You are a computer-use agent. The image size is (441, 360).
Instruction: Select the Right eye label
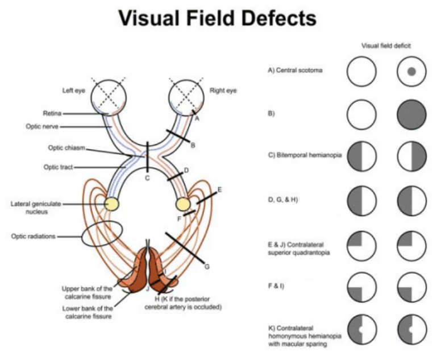pyautogui.click(x=223, y=90)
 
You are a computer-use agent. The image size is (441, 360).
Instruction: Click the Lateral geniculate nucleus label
pyautogui.click(x=34, y=207)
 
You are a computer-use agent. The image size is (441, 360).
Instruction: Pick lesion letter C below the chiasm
pyautogui.click(x=147, y=179)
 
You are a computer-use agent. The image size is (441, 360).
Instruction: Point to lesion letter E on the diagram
pyautogui.click(x=219, y=189)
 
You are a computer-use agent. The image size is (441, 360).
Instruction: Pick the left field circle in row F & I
pyautogui.click(x=361, y=286)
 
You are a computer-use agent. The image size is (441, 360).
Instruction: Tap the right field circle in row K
pyautogui.click(x=412, y=330)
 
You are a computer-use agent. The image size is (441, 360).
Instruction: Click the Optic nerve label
pyautogui.click(x=43, y=126)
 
